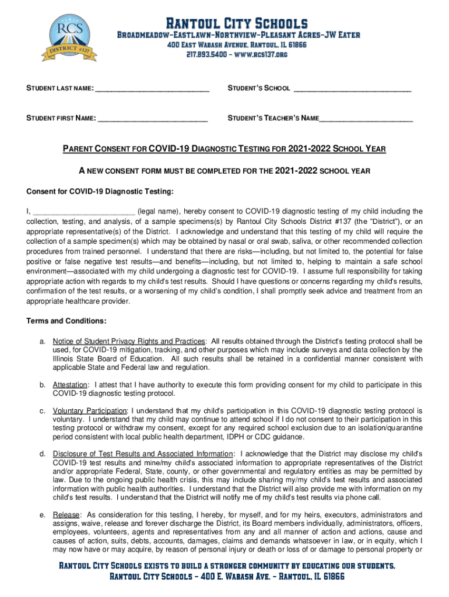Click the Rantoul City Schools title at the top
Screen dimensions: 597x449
[237, 24]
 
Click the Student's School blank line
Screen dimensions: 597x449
[352, 89]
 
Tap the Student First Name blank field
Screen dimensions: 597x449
[153, 119]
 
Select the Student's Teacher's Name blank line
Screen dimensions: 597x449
[366, 119]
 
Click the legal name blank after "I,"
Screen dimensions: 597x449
[85, 212]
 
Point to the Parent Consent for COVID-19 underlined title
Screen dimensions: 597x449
[224, 149]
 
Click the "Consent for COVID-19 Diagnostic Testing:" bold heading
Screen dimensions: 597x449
[100, 192]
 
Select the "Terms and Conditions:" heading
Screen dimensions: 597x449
[66, 321]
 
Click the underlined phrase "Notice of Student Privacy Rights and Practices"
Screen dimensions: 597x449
[129, 341]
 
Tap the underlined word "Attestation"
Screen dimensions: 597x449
[70, 385]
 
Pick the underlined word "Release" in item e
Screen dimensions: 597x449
[66, 515]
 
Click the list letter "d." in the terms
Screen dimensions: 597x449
[43, 454]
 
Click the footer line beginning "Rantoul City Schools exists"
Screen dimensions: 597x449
[227, 566]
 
